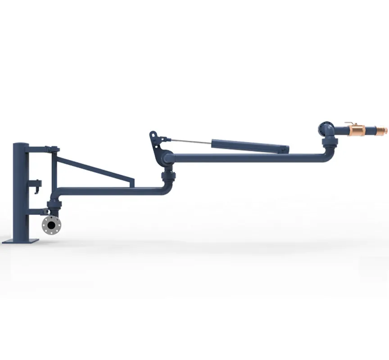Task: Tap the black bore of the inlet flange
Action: coord(52,225)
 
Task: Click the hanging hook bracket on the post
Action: coord(35,184)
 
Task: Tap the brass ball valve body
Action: coord(357,131)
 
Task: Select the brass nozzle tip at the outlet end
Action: coord(384,130)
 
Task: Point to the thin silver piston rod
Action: coord(189,141)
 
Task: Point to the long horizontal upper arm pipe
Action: coord(248,158)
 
